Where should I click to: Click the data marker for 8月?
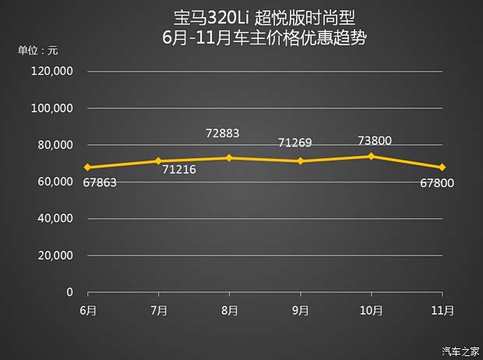pos(229,157)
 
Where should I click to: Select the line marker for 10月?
pos(371,156)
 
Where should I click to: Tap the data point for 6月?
pos(87,167)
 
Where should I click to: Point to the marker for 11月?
pos(442,167)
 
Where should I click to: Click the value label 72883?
pos(223,133)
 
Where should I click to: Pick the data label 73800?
pos(374,141)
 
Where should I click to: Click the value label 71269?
pos(294,143)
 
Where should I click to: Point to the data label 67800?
pos(436,183)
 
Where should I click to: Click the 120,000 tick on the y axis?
pos(52,71)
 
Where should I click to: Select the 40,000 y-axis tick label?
pos(55,218)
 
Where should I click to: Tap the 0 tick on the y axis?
pos(69,291)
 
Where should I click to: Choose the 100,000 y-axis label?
pos(52,108)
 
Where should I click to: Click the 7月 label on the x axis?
pos(158,309)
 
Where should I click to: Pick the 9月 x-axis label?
pos(300,309)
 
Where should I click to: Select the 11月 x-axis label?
pos(442,309)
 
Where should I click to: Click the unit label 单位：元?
pos(38,51)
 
